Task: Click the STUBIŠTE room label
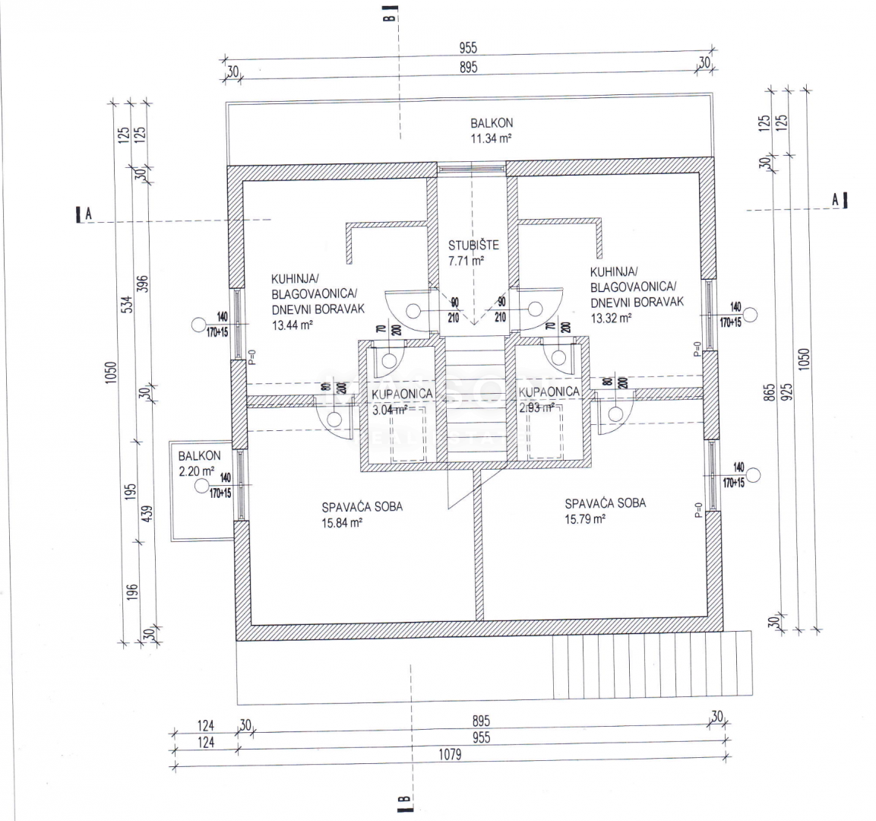tap(473, 245)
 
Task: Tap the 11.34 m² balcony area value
tap(490, 138)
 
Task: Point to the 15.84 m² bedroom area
tap(341, 522)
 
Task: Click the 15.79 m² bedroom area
tap(583, 519)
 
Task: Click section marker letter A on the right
tap(835, 199)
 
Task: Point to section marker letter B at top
tap(388, 14)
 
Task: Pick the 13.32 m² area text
tap(612, 318)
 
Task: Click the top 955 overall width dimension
tap(468, 49)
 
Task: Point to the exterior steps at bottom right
tap(653, 664)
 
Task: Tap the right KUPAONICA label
tap(549, 391)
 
